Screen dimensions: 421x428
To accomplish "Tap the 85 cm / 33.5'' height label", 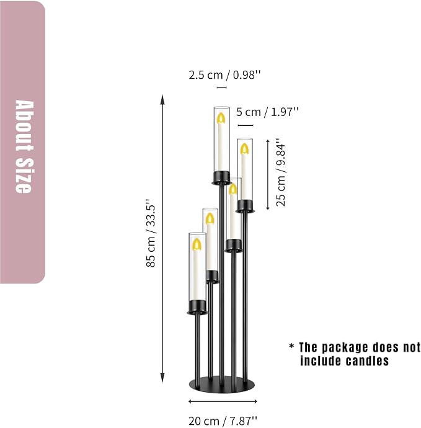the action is pyautogui.click(x=151, y=233).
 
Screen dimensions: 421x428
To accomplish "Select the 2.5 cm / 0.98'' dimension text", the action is pyautogui.click(x=224, y=75).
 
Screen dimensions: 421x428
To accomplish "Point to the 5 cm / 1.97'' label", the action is pyautogui.click(x=267, y=112).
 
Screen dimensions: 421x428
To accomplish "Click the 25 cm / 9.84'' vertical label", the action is pyautogui.click(x=281, y=172).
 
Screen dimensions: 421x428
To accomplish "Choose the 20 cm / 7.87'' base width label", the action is pyautogui.click(x=223, y=421).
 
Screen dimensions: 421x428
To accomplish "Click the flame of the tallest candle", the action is pyautogui.click(x=221, y=118).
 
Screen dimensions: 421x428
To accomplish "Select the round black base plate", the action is pyautogui.click(x=221, y=384).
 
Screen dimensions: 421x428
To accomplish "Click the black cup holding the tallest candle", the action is pyautogui.click(x=221, y=177).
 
